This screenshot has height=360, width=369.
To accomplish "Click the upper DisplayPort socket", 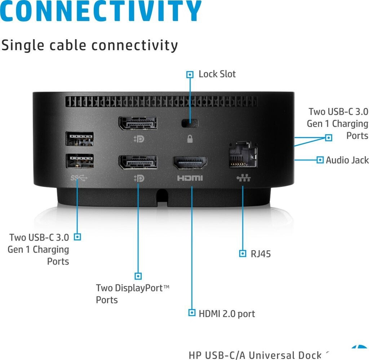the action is (138, 123).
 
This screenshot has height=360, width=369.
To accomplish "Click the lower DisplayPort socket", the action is (138, 162).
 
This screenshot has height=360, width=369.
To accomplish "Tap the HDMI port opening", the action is (190, 163).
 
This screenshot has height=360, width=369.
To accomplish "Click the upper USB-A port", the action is (80, 139).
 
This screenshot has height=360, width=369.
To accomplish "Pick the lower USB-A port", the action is (80, 161).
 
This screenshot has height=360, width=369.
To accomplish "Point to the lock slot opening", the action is (190, 123).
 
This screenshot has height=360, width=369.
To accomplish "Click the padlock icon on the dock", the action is (190, 139).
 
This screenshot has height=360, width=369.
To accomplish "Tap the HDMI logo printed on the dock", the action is (190, 178).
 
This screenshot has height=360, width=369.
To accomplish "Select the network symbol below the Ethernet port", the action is (244, 178).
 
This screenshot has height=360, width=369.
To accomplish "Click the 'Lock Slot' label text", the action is (217, 74).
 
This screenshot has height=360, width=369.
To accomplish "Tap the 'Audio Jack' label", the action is (347, 160).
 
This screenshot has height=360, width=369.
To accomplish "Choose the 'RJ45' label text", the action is (261, 254).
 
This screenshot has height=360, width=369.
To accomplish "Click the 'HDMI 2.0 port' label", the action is (227, 314).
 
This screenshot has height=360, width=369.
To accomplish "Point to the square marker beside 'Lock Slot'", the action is (190, 75).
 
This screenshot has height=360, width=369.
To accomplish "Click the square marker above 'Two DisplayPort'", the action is (138, 276).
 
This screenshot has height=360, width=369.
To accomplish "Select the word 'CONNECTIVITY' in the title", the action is (101, 11).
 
